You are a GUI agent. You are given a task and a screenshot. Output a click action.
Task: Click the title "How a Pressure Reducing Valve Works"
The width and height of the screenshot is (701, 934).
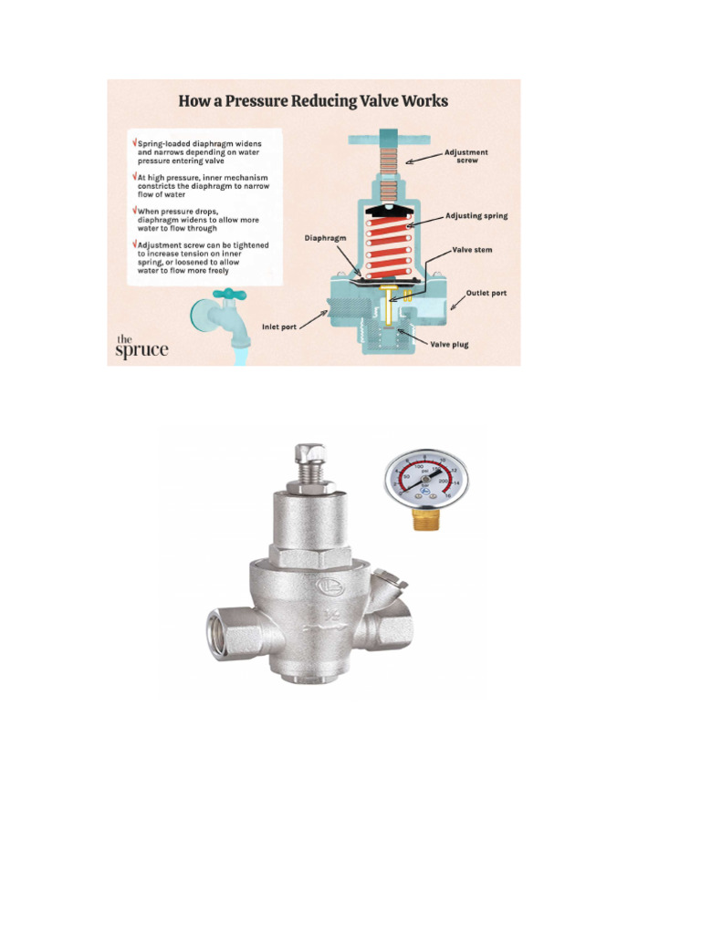[x=313, y=100]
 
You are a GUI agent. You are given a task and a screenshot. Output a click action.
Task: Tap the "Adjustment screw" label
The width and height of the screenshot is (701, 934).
[x=466, y=156]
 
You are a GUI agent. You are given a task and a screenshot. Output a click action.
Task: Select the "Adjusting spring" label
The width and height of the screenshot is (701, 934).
[x=476, y=216]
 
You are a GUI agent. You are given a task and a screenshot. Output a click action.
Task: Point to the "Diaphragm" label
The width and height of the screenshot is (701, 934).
[x=325, y=238]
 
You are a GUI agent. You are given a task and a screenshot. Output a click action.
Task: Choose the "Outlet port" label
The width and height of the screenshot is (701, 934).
[x=486, y=293]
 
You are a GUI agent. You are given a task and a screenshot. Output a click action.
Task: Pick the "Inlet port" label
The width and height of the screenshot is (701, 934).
[x=279, y=326]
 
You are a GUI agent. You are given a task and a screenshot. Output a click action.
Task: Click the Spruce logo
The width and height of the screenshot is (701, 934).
[x=141, y=346]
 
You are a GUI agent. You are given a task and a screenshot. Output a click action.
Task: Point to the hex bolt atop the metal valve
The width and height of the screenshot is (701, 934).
[x=310, y=454]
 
